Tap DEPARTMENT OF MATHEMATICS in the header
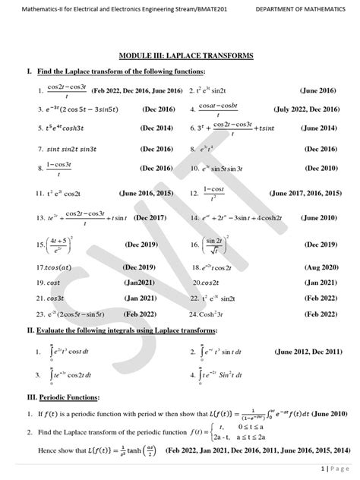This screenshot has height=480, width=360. pos(297,9)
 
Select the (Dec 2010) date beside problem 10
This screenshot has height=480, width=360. pos(321,168)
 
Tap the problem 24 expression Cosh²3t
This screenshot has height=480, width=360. pos(215,313)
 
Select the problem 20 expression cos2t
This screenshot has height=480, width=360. pos(207,281)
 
